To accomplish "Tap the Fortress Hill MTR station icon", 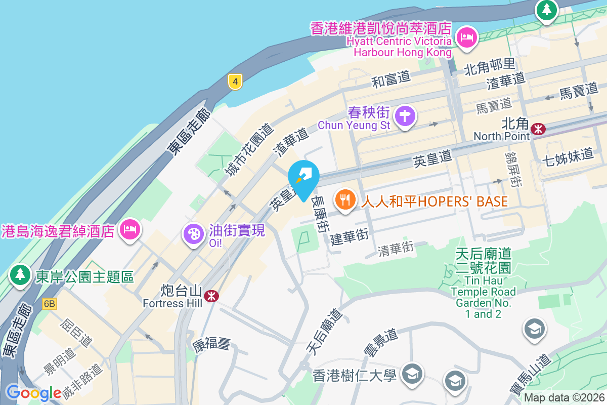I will coord(212,295).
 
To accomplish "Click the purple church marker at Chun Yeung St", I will coord(405,116).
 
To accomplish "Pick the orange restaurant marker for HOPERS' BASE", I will coord(345,199).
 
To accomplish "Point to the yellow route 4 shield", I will coord(235,81).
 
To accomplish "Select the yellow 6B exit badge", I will coord(50,304).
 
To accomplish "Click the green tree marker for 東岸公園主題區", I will coord(20,275).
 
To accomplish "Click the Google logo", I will coord(33,393).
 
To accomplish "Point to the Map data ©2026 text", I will coord(564,398).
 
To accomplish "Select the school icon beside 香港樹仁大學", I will coord(411,374).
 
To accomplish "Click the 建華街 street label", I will coord(350,236).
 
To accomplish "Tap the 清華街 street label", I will coord(396,248).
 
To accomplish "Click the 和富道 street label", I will coord(391,78).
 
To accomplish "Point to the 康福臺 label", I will coord(211,345).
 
